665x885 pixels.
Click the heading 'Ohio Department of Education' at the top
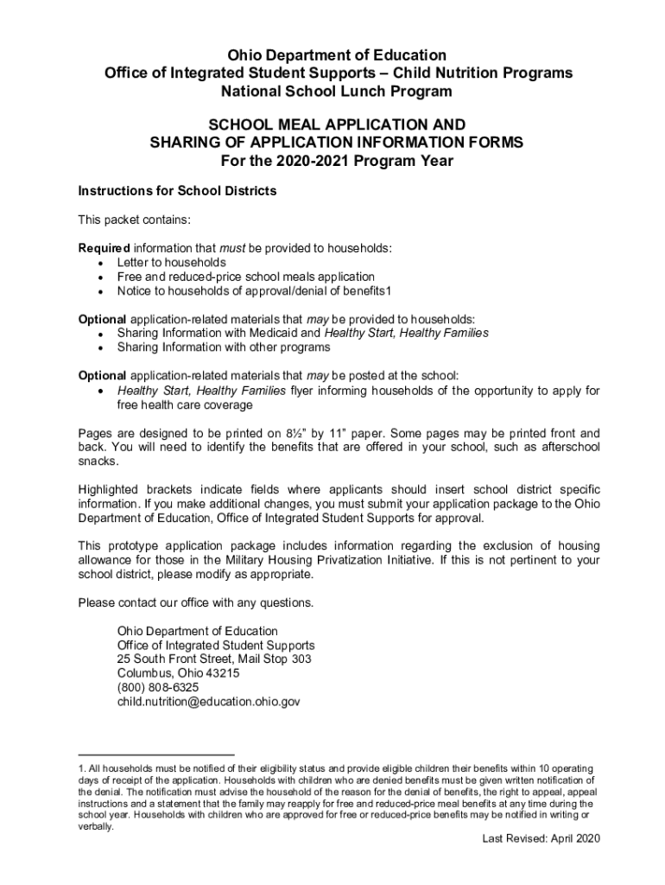coord(336,56)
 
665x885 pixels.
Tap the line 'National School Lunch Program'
coord(336,91)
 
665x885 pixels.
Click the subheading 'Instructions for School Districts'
coord(177,191)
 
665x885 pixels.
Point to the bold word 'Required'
coord(104,248)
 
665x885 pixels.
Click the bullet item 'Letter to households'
coord(172,262)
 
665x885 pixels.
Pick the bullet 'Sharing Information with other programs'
coord(224,347)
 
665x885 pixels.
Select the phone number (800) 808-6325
coord(161,687)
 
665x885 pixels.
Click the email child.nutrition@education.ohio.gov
coord(208,702)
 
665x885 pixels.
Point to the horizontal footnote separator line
coord(156,754)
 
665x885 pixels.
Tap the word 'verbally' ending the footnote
coord(94,826)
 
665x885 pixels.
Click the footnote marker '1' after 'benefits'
coord(401,290)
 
